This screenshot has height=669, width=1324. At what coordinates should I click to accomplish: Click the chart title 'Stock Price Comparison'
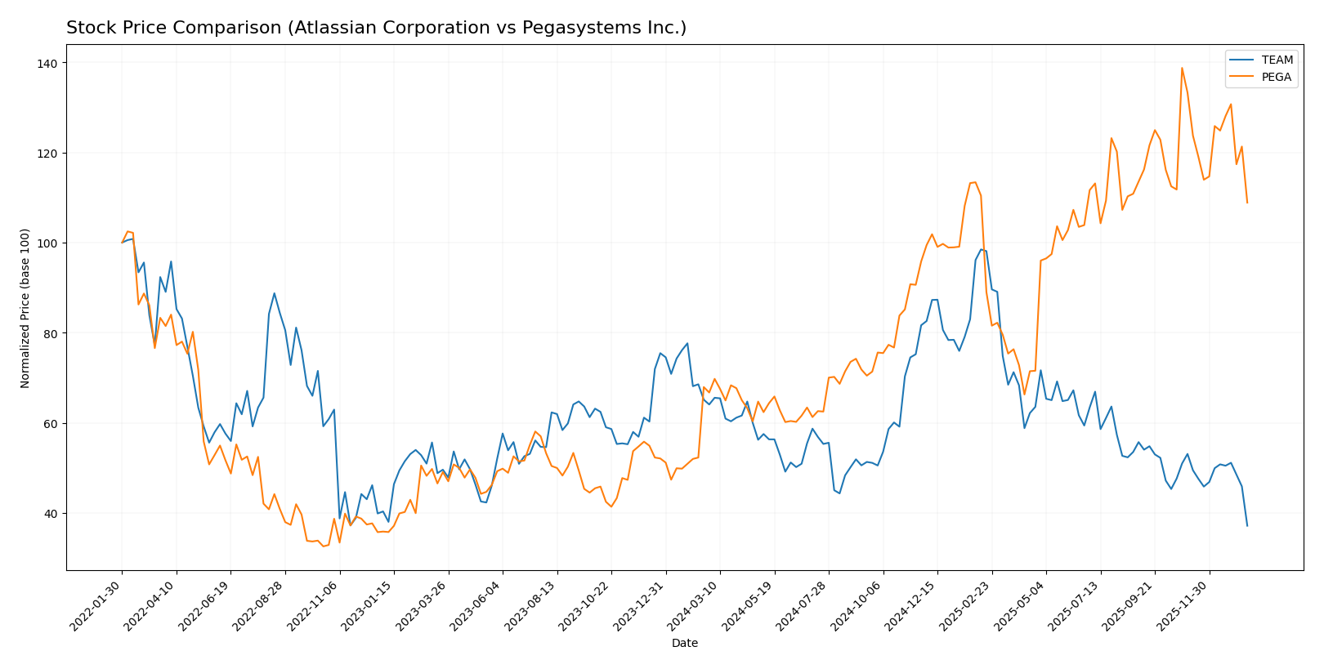pyautogui.click(x=376, y=28)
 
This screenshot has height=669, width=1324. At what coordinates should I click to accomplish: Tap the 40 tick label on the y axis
pyautogui.click(x=50, y=514)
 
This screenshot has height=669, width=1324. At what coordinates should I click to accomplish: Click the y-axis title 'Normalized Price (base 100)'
pyautogui.click(x=25, y=308)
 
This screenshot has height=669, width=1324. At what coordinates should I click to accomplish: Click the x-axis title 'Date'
pyautogui.click(x=684, y=644)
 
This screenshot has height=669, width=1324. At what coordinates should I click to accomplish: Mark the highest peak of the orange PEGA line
pyautogui.click(x=1182, y=68)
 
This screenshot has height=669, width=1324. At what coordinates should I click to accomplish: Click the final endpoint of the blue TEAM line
pyautogui.click(x=1247, y=525)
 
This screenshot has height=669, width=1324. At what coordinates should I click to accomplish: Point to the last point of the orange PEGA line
pyautogui.click(x=1247, y=203)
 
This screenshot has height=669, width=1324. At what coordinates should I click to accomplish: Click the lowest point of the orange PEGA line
pyautogui.click(x=323, y=546)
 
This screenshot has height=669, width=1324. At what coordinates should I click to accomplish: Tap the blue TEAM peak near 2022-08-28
pyautogui.click(x=274, y=293)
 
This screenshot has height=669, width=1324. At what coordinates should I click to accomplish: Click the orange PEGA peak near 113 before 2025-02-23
pyautogui.click(x=975, y=182)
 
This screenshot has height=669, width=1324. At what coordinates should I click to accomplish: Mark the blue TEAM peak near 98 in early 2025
pyautogui.click(x=981, y=249)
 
